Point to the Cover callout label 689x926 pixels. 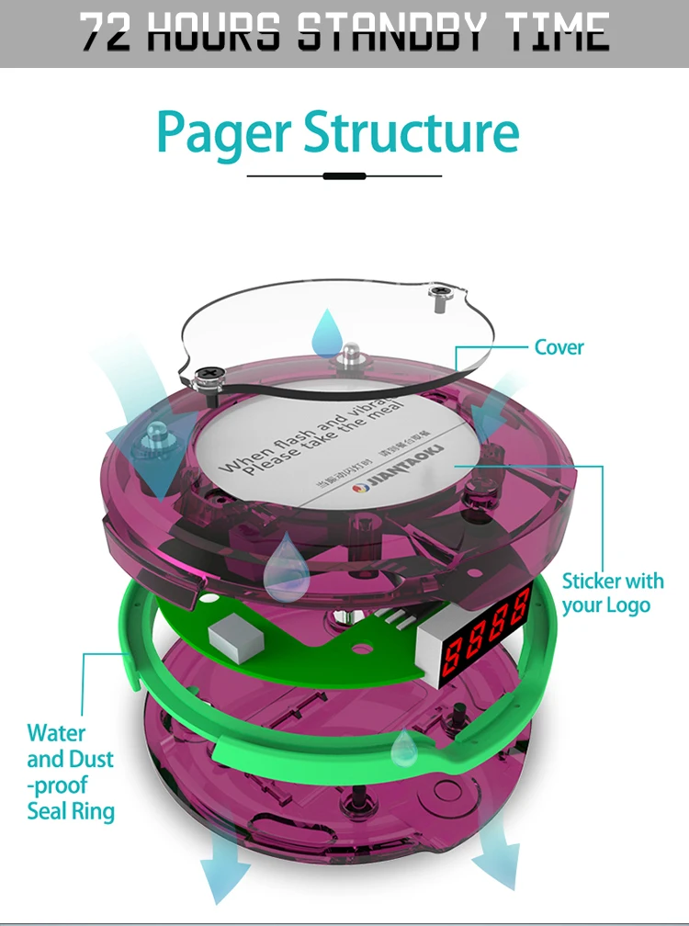(559, 347)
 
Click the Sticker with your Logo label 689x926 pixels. (612, 593)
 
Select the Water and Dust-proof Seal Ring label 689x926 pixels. (71, 772)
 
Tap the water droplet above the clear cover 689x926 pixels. (327, 333)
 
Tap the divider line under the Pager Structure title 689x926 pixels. (344, 175)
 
